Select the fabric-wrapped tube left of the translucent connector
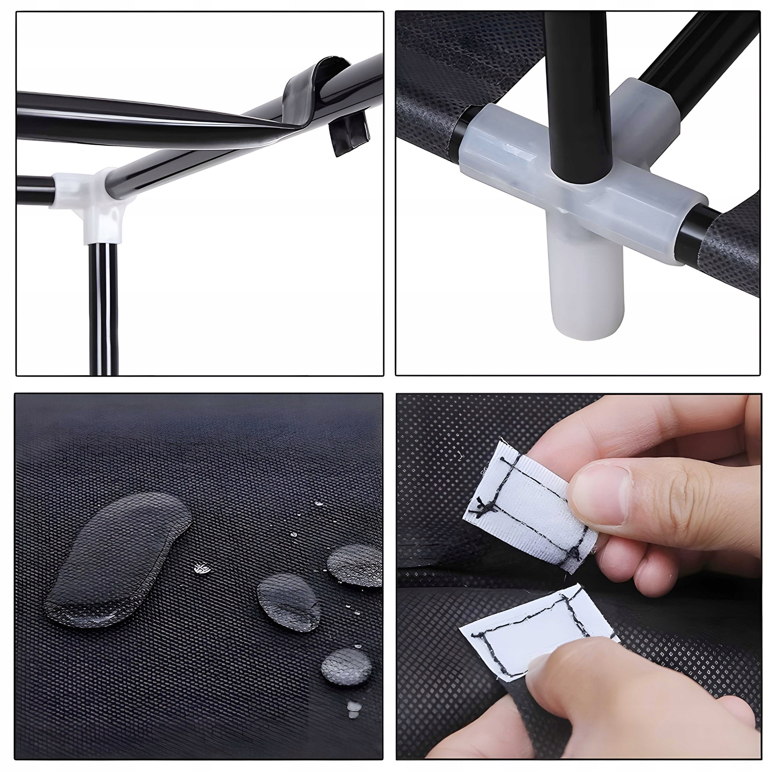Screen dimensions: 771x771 [426, 112]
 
